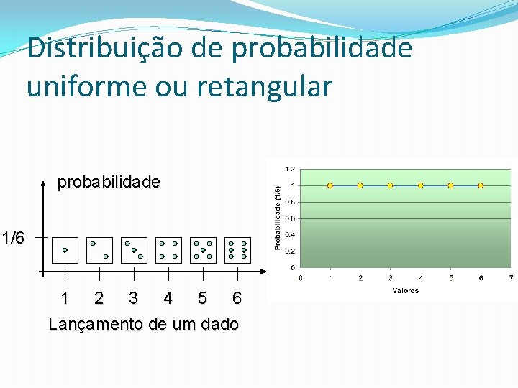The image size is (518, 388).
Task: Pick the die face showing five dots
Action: point(203,250)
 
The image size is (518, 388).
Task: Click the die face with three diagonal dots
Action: point(134,250)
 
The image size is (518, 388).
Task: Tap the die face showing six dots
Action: point(237,250)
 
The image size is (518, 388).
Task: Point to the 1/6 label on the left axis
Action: point(13,237)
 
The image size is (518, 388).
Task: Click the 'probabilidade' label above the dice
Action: point(109,183)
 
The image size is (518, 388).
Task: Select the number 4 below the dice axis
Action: point(168,297)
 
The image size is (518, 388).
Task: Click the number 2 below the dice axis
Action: point(99,297)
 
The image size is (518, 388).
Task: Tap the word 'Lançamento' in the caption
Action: point(96,324)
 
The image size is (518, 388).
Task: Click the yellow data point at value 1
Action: point(330,185)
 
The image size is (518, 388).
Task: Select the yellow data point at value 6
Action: point(481,185)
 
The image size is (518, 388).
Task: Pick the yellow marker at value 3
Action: point(390,185)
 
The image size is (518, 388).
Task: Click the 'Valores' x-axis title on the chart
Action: point(406,291)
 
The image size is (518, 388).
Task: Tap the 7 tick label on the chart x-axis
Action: point(511,277)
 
